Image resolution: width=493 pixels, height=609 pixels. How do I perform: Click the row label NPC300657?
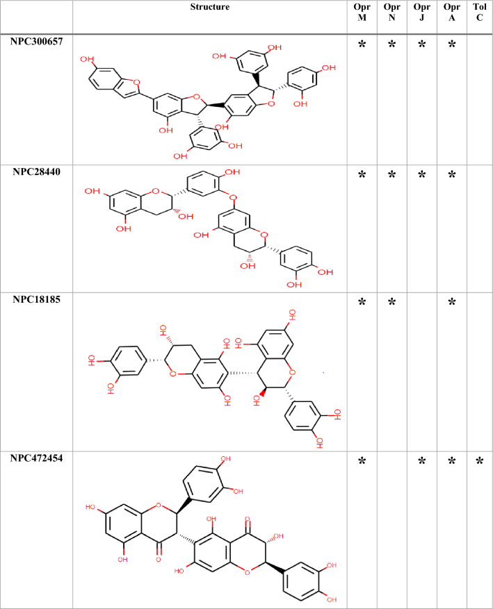point(36,42)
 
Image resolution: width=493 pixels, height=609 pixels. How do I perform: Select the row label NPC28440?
point(36,172)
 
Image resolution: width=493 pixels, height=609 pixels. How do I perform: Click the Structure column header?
point(209,7)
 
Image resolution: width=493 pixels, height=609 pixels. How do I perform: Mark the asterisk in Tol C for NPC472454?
point(479,462)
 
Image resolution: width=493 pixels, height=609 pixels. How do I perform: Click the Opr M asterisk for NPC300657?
point(362,46)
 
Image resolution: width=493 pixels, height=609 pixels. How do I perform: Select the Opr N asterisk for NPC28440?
point(391,176)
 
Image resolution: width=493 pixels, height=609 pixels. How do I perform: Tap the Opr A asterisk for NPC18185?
point(451,303)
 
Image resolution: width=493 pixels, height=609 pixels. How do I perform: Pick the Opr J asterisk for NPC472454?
point(421,462)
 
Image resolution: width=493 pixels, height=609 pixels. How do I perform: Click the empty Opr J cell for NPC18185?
point(421,369)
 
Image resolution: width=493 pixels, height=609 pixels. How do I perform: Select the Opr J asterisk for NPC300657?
point(421,46)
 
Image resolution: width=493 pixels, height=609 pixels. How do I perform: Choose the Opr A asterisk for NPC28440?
point(451,176)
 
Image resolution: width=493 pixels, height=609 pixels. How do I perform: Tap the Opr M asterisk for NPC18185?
point(362,303)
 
